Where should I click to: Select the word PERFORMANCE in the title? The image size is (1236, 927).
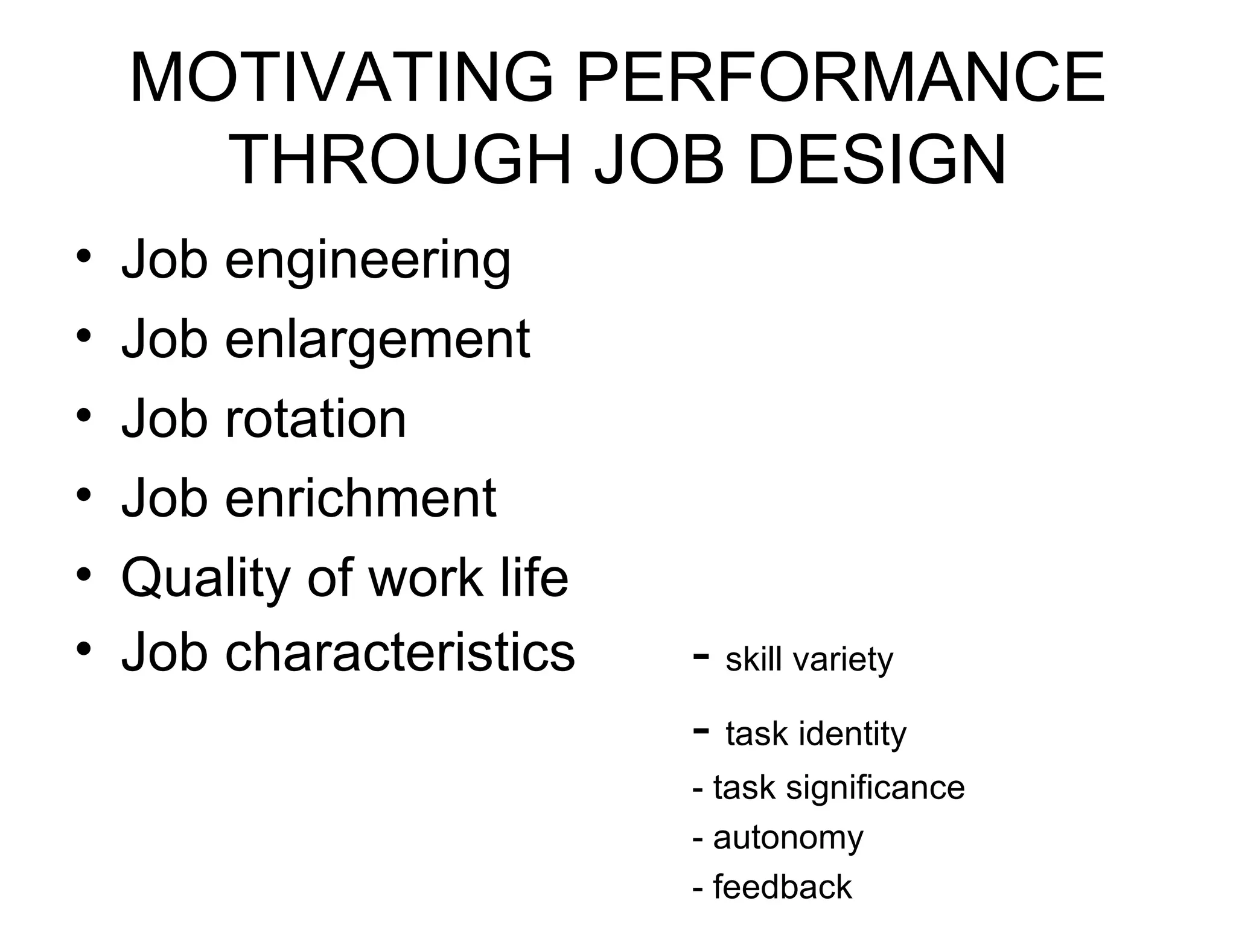[841, 78]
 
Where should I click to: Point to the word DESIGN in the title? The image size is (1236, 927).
[876, 161]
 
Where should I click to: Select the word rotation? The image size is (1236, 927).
[316, 419]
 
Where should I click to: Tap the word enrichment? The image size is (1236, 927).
[360, 498]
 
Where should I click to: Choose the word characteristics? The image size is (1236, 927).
[400, 652]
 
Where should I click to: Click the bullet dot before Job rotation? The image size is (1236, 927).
[84, 415]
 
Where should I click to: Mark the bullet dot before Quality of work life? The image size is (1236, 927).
[84, 574]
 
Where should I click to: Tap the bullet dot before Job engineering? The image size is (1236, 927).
[84, 256]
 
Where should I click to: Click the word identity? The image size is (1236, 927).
[852, 734]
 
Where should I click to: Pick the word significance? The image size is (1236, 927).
[875, 788]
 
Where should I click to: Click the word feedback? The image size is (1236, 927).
[782, 887]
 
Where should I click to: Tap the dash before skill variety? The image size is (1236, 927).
[701, 655]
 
